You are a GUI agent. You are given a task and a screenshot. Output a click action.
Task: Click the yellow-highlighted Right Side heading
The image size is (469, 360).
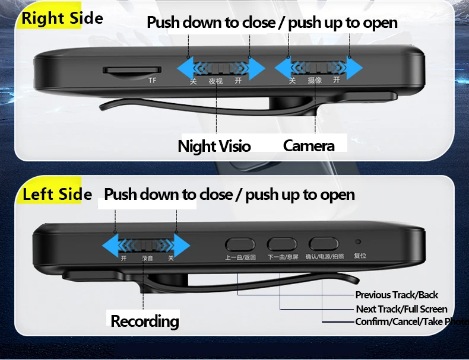pyautogui.click(x=62, y=18)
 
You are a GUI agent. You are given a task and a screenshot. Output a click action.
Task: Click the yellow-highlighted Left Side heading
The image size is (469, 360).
pyautogui.click(x=56, y=195)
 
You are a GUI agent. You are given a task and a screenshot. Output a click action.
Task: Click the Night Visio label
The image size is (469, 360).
pyautogui.click(x=214, y=146)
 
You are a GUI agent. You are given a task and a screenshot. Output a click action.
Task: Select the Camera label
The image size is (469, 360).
pyautogui.click(x=309, y=145)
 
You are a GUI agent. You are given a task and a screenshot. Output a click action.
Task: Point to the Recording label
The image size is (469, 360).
pyautogui.click(x=144, y=321)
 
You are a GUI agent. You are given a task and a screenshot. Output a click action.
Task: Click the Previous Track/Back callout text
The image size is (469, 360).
pyautogui.click(x=397, y=295)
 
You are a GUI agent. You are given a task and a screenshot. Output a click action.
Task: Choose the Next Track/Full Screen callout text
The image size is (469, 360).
pyautogui.click(x=401, y=308)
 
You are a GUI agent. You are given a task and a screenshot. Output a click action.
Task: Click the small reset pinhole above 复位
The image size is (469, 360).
pyautogui.click(x=358, y=242)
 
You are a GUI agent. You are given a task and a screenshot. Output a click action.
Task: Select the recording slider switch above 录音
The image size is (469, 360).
pyautogui.click(x=146, y=245)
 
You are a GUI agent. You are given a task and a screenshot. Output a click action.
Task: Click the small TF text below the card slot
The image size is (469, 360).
pyautogui.click(x=151, y=80)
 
